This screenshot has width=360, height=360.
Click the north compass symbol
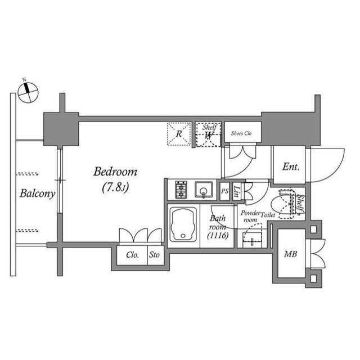tap(26, 92)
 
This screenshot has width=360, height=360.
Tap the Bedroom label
tap(115, 172)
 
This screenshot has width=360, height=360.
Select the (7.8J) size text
tap(115, 187)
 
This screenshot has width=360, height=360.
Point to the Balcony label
tap(37, 195)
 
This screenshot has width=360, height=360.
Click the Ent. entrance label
tap(290, 167)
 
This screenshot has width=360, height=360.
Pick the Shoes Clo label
tap(242, 134)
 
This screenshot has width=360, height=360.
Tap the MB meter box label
tap(290, 254)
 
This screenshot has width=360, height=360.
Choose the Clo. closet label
tap(133, 254)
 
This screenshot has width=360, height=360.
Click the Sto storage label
tap(154, 254)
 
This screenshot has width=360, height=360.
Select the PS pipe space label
tap(224, 191)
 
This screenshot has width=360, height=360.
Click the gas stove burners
tap(181, 190)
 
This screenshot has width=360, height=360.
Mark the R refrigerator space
tap(178, 134)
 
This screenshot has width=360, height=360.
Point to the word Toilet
tap(268, 214)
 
